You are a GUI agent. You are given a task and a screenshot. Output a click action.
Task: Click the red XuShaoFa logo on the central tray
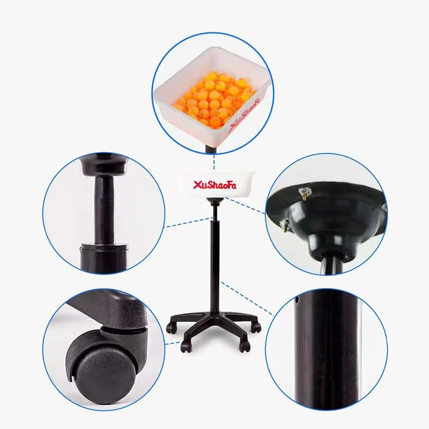click(213, 185)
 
